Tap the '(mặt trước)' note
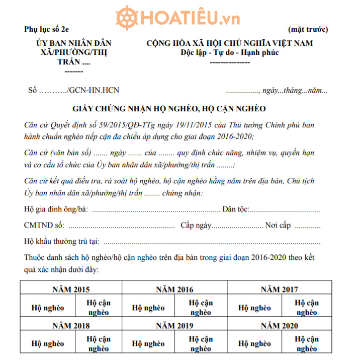tap(308, 29)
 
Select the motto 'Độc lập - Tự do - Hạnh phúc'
tap(229, 53)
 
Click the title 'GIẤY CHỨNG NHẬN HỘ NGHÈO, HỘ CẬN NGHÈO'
tap(169, 108)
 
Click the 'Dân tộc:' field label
tap(236, 209)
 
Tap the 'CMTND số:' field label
tap(44, 225)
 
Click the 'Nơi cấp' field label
tap(278, 225)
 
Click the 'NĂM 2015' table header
tap(71, 289)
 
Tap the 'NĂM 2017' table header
tap(279, 289)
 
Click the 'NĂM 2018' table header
tap(71, 325)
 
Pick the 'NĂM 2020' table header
tap(279, 325)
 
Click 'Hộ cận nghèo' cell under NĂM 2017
tap(307, 308)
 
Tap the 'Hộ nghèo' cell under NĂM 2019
tap(148, 344)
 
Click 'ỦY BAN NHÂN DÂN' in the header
tap(74, 43)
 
